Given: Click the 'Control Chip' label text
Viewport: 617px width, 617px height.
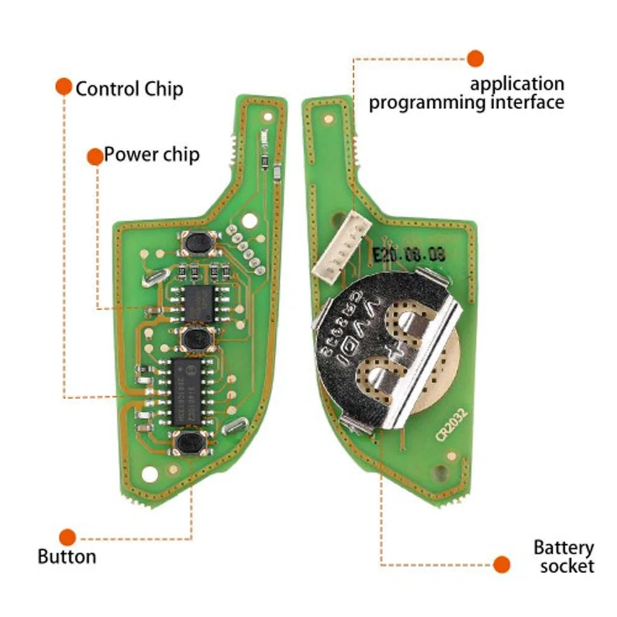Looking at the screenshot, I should tap(129, 89).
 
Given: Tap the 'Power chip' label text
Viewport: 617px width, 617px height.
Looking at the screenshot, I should tap(151, 154).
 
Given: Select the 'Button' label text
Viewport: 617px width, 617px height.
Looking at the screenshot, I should tap(67, 556).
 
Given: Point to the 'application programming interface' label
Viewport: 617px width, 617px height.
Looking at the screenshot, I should tap(466, 93).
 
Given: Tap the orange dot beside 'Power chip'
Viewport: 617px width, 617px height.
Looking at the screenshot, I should tap(95, 157).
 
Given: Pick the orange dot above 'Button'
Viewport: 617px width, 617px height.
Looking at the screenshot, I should tap(67, 536).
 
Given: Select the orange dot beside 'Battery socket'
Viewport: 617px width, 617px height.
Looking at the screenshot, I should tap(502, 563).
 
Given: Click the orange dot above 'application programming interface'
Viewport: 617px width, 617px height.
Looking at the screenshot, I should tap(475, 59).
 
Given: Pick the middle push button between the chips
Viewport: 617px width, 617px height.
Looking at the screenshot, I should tap(197, 338).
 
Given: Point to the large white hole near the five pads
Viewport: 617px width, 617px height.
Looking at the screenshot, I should tap(249, 220).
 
